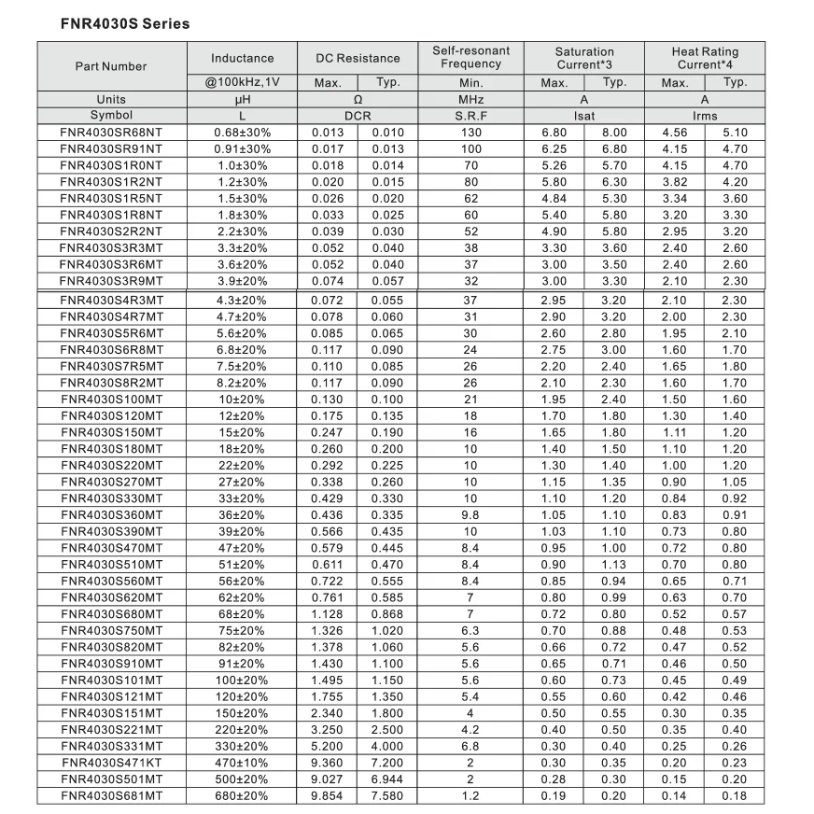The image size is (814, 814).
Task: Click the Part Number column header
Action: [111, 66]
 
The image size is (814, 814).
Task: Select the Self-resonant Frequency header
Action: [470, 57]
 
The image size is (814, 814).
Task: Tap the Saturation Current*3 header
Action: [584, 58]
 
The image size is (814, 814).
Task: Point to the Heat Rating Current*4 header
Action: [704, 58]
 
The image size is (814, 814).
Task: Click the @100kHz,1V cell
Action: [242, 83]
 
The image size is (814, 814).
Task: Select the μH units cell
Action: [242, 99]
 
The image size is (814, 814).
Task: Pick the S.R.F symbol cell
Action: [470, 116]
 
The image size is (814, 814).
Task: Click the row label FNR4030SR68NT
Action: [111, 133]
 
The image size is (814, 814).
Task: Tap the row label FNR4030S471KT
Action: [111, 763]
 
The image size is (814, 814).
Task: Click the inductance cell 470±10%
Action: [242, 763]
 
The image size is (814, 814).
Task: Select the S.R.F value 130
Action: [470, 133]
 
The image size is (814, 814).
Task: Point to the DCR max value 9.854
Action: [328, 796]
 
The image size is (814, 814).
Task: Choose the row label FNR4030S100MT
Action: [111, 399]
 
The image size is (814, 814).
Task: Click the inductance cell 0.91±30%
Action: [242, 149]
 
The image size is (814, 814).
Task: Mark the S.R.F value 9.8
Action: [470, 514]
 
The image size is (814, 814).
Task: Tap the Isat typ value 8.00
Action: [614, 133]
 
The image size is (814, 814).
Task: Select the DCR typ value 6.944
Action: [387, 779]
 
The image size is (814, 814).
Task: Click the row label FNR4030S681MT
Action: [111, 796]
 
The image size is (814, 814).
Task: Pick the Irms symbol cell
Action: [704, 116]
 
